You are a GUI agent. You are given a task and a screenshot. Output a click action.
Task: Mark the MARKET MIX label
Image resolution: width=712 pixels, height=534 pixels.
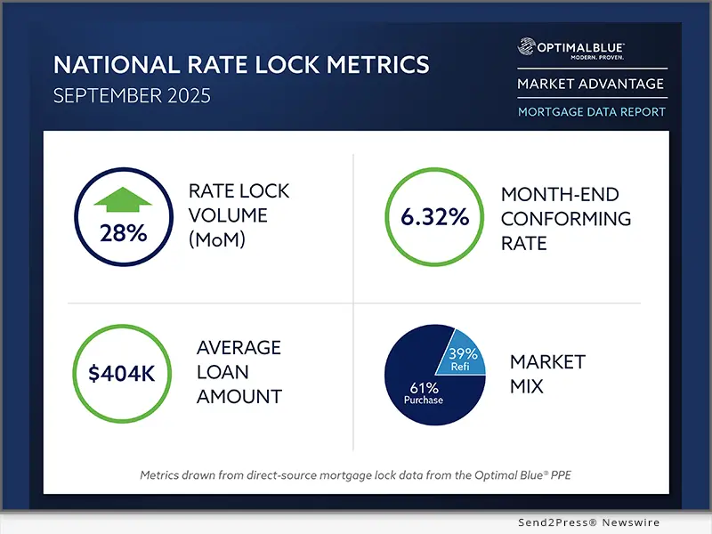pos(546,374)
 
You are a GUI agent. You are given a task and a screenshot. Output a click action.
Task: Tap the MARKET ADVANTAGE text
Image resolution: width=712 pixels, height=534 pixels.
pos(591,85)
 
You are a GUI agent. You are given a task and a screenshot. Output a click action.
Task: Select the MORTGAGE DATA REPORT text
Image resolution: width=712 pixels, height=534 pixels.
pos(591,112)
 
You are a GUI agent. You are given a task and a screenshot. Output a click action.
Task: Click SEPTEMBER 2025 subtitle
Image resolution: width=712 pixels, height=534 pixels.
pos(132,95)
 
